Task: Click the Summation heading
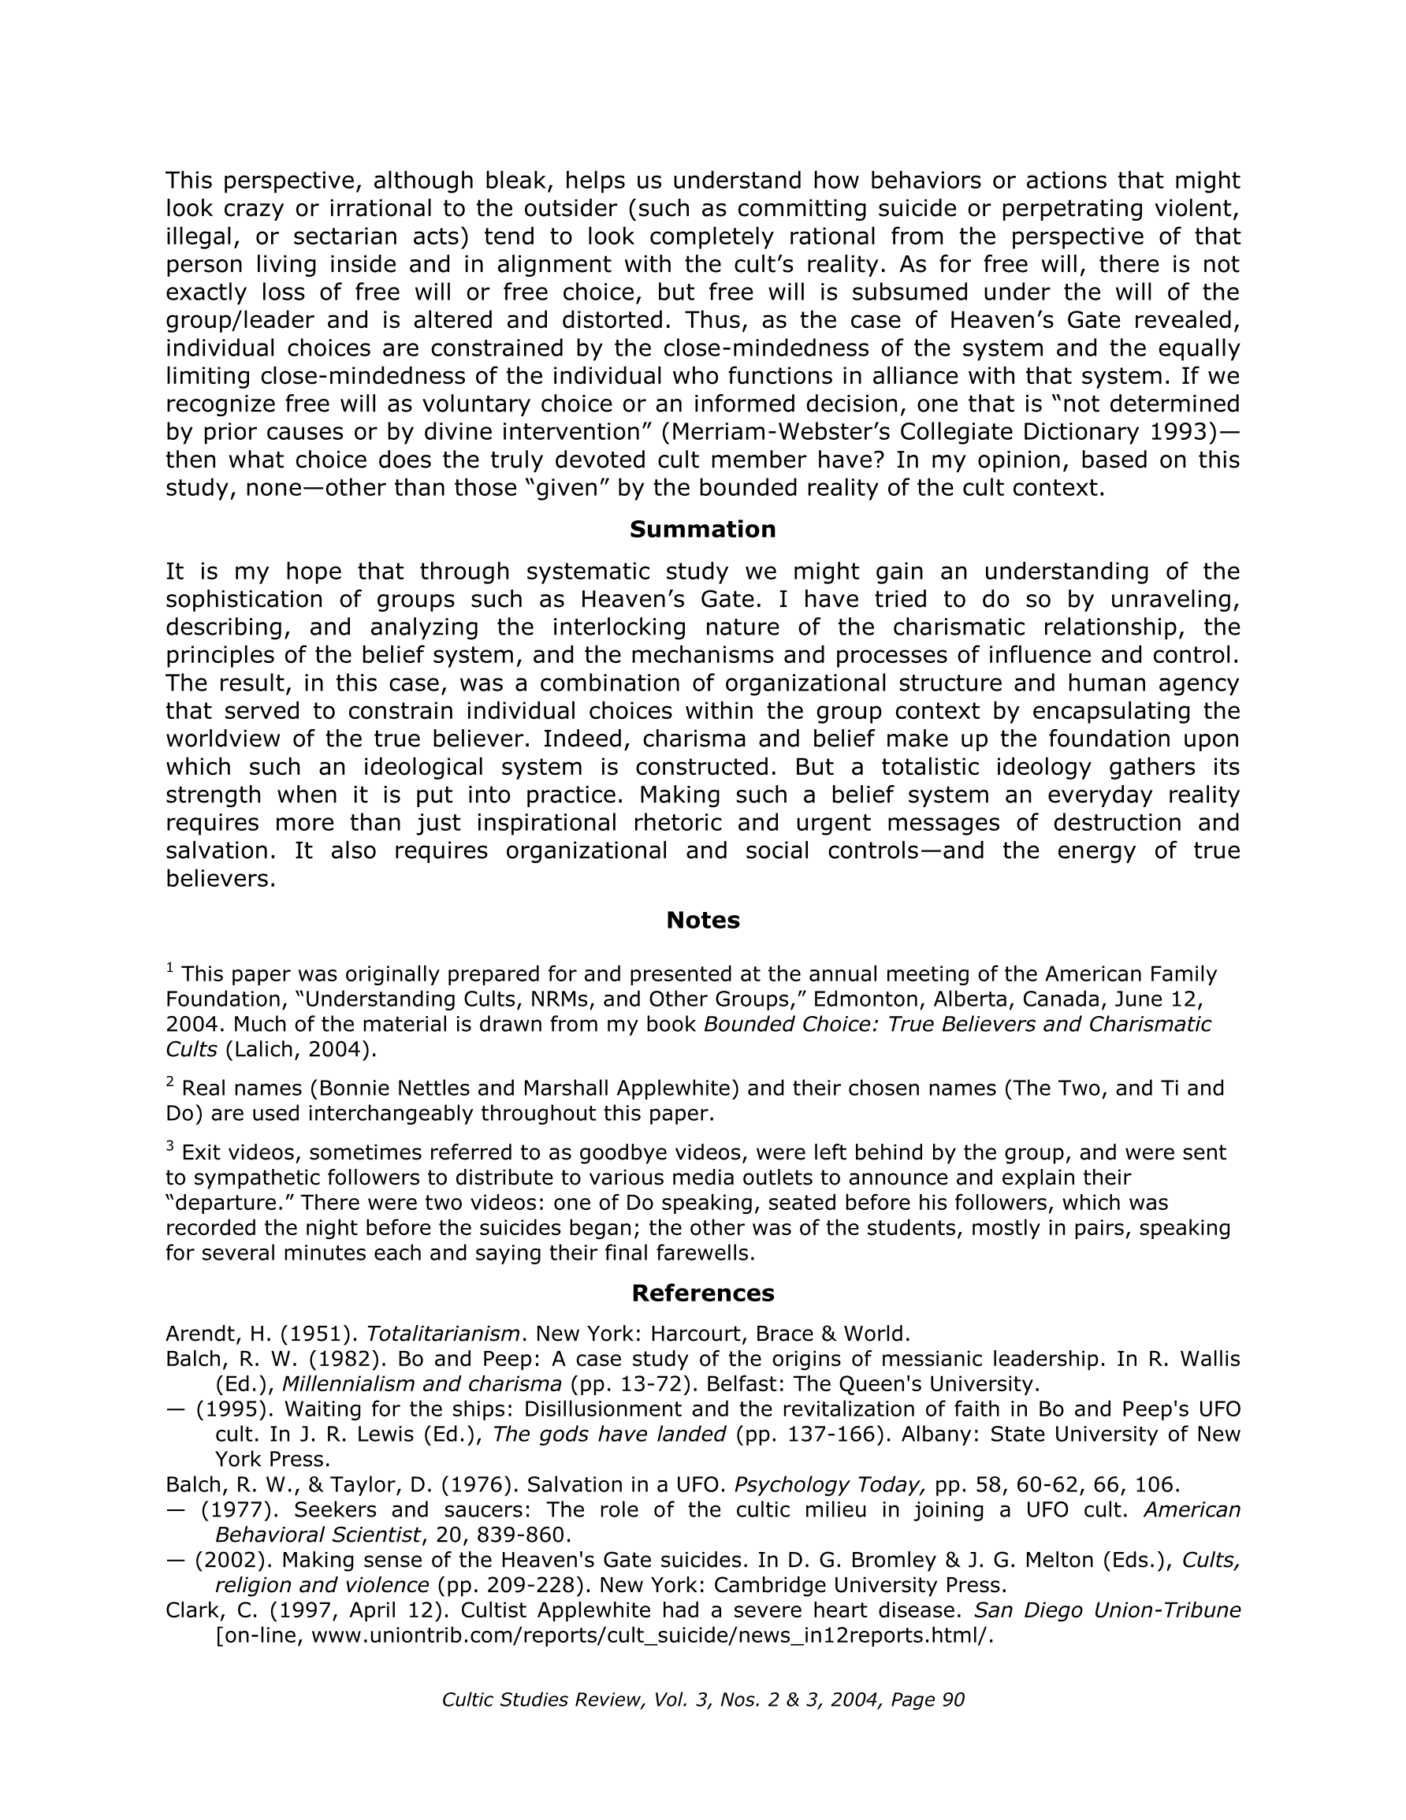click(x=702, y=530)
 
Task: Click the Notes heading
click(x=702, y=921)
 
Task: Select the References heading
click(x=702, y=1293)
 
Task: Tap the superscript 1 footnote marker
click(x=170, y=967)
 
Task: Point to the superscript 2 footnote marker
click(x=170, y=1081)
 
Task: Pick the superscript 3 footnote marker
click(x=170, y=1146)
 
